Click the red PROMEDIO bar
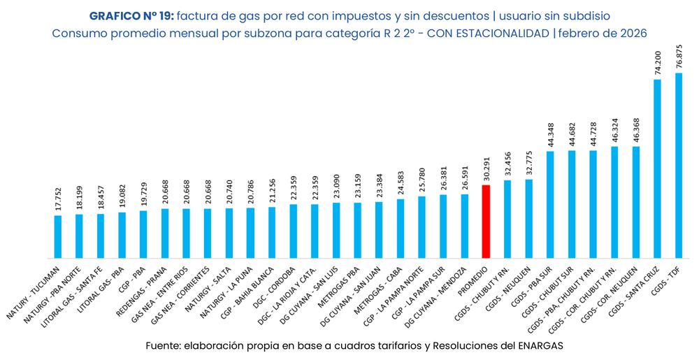click(486, 222)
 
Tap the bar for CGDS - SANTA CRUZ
click(657, 168)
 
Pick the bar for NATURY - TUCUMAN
click(58, 236)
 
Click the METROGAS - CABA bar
click(401, 229)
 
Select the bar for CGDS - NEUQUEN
click(528, 219)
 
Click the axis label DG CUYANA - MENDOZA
click(440, 294)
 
